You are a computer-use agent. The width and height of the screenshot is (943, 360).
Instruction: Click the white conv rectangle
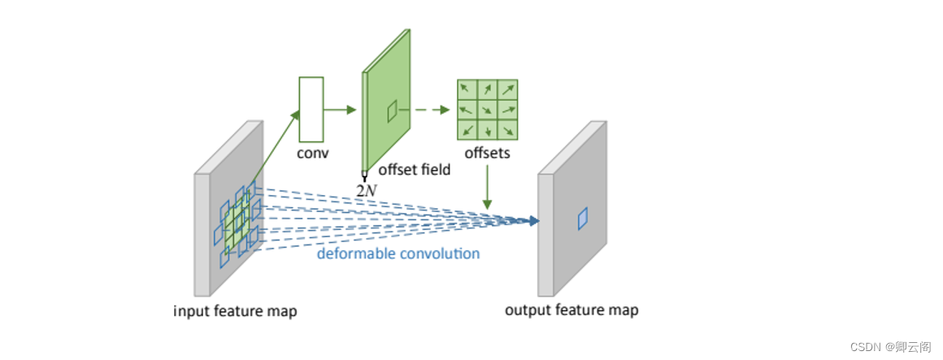coord(311,109)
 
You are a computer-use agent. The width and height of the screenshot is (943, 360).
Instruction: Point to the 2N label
coord(367,190)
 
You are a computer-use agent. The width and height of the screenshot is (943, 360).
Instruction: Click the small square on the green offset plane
coord(392,111)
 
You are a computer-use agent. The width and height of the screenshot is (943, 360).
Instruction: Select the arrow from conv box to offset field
coord(341,109)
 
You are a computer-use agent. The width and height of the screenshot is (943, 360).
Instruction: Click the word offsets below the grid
coord(487,153)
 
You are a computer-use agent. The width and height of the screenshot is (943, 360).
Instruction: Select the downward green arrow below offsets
coord(487,187)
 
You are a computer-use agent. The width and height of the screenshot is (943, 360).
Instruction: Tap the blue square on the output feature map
coord(582,219)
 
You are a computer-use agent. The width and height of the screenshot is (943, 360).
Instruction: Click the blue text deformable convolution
coord(398,254)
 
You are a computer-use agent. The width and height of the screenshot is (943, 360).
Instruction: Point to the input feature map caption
coord(235,310)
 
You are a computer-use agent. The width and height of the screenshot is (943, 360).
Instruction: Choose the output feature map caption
coord(571,310)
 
